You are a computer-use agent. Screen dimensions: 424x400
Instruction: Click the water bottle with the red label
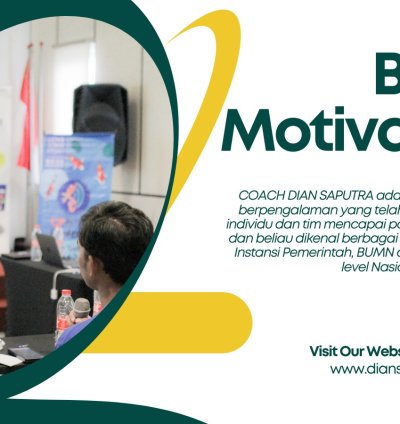[x=65, y=311]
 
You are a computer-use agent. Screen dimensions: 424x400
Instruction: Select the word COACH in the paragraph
[x=261, y=194]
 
